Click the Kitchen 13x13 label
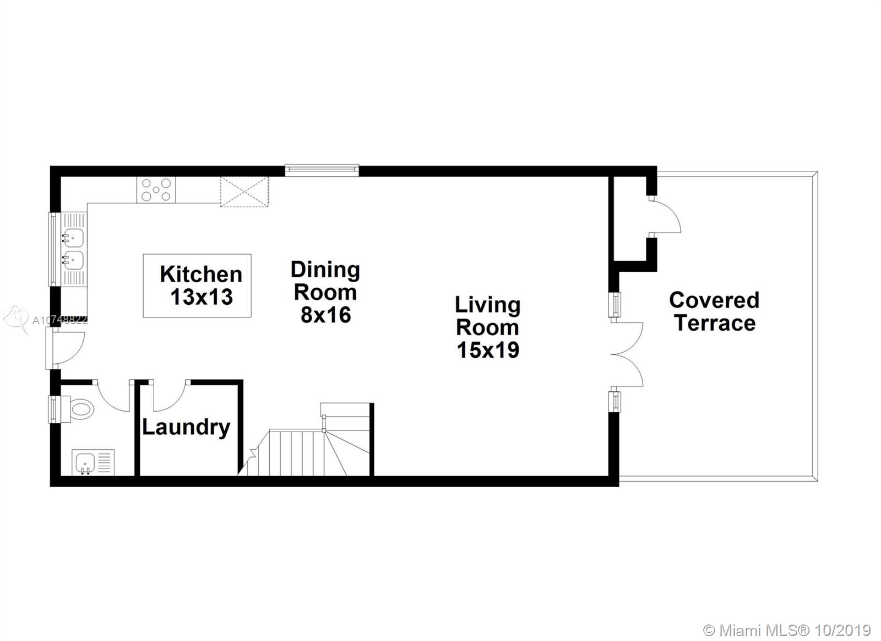201,286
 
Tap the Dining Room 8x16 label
325,292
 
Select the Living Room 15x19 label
488,327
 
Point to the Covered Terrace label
714,311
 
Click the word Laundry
186,428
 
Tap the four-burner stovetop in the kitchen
156,190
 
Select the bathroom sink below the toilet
93,462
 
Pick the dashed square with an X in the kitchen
244,191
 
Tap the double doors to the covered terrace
627,354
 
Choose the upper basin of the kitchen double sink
74,238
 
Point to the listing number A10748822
60,321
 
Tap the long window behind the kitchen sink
53,249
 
